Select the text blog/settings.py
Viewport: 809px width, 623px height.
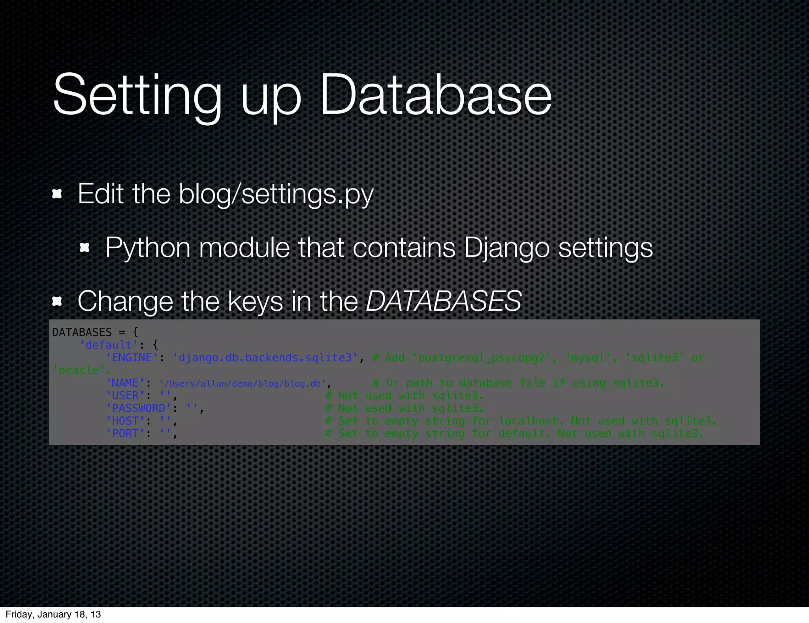tap(276, 194)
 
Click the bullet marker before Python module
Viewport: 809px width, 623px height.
tap(85, 248)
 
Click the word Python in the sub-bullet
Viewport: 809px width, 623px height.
tap(148, 248)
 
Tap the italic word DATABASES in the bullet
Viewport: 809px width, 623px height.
tap(443, 301)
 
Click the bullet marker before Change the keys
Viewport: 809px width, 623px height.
tap(57, 302)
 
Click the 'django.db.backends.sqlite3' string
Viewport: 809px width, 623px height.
tap(265, 358)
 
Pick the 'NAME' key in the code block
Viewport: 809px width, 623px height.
tap(125, 383)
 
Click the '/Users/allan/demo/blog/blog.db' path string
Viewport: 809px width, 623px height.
tap(243, 383)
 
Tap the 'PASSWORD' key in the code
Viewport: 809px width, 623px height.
tap(139, 408)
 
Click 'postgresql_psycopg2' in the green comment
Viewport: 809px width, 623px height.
tap(482, 358)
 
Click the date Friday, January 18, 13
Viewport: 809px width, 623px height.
tap(53, 614)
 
